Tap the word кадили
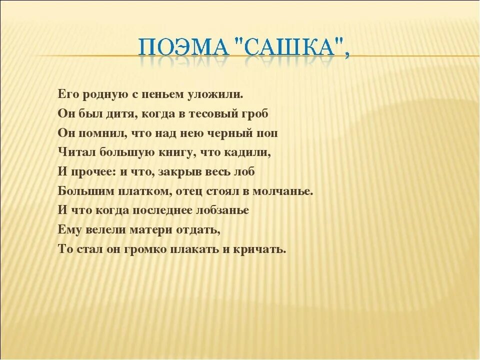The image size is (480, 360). (x=250, y=152)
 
